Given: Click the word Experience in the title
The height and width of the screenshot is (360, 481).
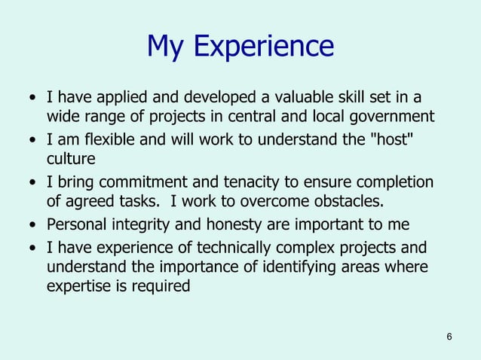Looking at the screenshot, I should pos(263,47).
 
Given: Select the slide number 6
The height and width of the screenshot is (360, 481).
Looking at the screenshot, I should pos(449,336).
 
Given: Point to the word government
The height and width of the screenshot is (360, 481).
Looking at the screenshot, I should pos(391,117).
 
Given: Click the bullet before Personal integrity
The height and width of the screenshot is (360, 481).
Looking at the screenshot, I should pos(32,225).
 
